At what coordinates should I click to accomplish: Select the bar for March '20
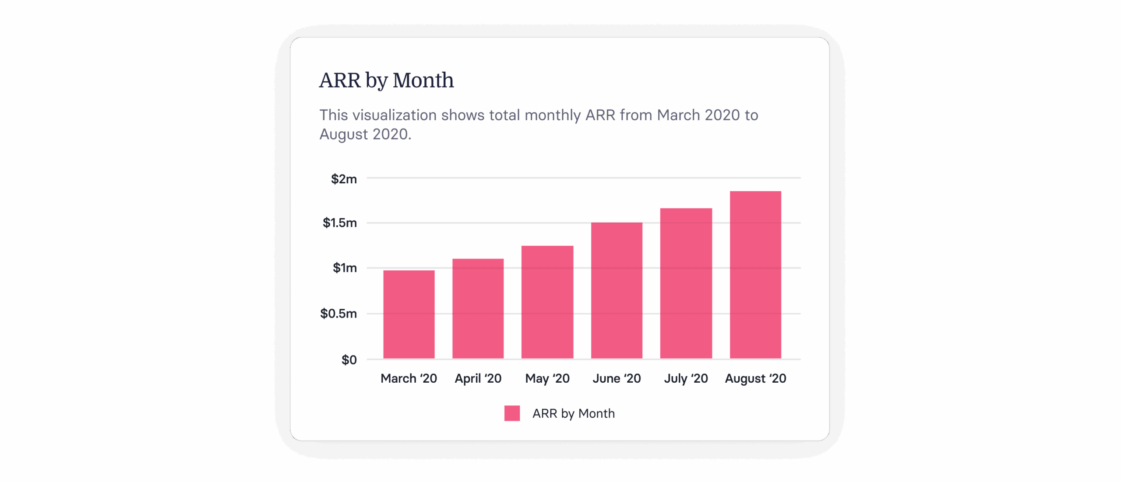point(409,314)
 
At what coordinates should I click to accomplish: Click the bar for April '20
point(478,309)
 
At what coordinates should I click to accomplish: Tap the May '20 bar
point(547,302)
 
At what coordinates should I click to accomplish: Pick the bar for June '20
point(617,290)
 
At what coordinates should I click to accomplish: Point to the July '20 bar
point(686,283)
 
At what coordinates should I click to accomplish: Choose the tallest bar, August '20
point(755,275)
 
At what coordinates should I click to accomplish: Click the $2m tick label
point(344,179)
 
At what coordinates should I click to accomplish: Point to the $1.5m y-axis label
point(340,223)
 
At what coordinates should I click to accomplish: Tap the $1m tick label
point(345,268)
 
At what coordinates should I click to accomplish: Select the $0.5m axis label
point(338,314)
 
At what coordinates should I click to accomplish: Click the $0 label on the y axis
point(349,360)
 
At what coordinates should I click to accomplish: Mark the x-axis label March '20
point(409,378)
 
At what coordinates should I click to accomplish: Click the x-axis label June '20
point(617,378)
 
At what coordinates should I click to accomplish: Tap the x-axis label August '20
point(755,378)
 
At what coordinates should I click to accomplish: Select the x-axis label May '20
point(547,378)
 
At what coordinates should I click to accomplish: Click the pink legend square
point(512,413)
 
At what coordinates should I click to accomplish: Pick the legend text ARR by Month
point(573,413)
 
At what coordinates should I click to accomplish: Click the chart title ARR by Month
point(386,80)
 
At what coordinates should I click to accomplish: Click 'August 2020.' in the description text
point(365,134)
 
